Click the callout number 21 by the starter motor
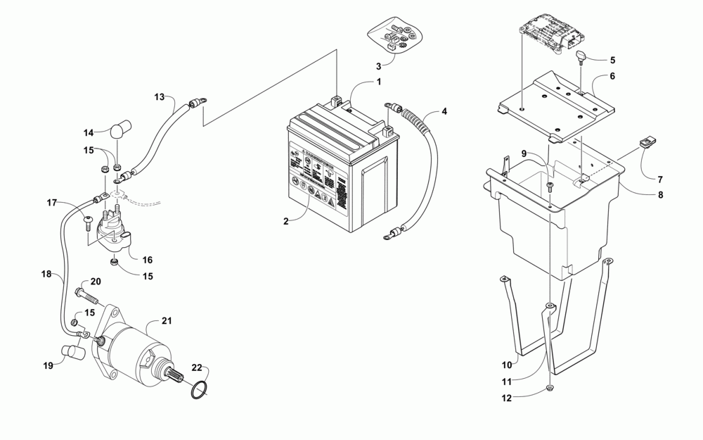(167, 321)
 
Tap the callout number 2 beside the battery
(286, 221)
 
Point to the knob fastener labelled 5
(583, 57)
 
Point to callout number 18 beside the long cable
(47, 273)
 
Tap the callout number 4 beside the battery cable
(444, 111)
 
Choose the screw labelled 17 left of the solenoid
(87, 222)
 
